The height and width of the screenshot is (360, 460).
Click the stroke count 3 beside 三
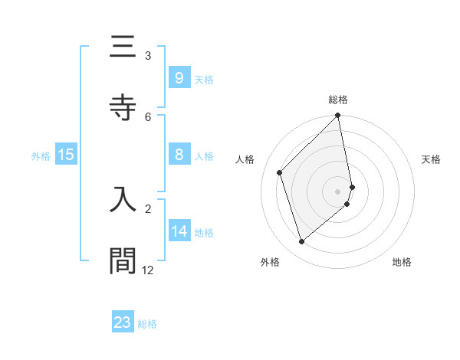point(148,55)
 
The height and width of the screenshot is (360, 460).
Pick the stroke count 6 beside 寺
point(148,116)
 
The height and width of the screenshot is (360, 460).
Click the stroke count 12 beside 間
point(148,270)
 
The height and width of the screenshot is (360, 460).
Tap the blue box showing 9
point(179,77)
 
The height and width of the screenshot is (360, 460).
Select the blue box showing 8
point(179,155)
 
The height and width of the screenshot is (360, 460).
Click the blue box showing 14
point(179,231)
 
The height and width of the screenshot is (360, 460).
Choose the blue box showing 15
point(66,155)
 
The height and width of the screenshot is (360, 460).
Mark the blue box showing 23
point(123,322)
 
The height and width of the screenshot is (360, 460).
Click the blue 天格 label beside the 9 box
point(204,79)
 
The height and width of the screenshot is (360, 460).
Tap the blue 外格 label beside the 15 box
point(41,156)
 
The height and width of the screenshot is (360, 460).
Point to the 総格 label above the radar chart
point(338,100)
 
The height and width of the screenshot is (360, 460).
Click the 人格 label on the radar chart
point(245,159)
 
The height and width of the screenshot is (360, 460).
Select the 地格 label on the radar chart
point(402,262)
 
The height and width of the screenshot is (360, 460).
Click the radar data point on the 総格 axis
point(338,116)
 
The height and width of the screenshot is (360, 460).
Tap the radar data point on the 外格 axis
point(301,242)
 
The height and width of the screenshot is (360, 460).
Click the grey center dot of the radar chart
point(338,191)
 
